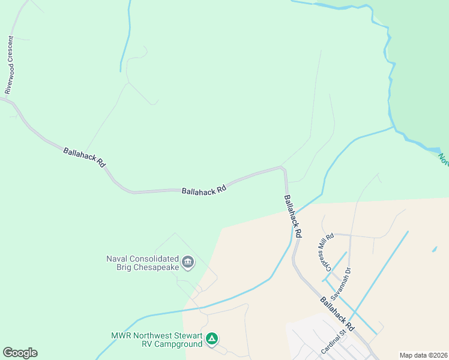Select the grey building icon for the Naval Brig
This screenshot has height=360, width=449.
tap(188, 262)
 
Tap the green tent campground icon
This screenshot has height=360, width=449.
tap(211, 339)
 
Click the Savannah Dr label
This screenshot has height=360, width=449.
tap(342, 280)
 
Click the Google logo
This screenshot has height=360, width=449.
tap(20, 353)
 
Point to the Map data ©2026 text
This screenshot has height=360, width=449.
tap(423, 355)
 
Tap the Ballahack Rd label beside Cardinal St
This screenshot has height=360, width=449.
tap(337, 314)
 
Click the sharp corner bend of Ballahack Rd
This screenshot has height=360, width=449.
tap(283, 169)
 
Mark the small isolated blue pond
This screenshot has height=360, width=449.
tap(434, 249)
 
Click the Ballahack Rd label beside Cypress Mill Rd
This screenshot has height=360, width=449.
tap(293, 214)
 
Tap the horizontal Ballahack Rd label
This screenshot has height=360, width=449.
tap(204, 188)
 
